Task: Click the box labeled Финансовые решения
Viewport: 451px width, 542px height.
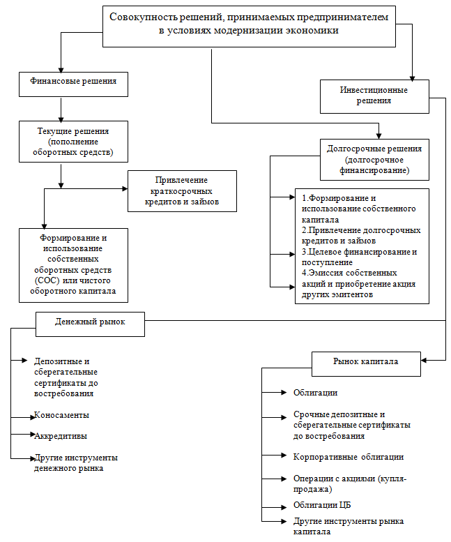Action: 74,84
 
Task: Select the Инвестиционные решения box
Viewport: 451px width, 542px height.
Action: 374,97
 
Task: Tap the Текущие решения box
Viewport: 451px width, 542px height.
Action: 74,142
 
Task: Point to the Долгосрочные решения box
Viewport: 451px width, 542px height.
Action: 374,160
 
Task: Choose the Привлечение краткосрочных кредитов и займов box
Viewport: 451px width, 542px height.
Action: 183,191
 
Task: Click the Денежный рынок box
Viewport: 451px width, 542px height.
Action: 90,324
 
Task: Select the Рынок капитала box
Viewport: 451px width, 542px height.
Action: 366,364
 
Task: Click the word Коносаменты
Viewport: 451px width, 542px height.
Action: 61,415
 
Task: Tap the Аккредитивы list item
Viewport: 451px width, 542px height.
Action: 61,436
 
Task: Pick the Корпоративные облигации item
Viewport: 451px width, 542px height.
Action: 349,457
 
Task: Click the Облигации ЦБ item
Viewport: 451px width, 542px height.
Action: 322,505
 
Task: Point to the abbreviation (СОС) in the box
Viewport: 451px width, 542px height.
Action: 47,280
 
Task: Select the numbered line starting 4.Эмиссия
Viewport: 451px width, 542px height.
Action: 358,284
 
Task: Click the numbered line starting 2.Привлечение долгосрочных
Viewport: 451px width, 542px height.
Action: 361,235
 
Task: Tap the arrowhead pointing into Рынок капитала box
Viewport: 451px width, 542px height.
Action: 424,361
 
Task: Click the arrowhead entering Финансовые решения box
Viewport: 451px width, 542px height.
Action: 61,70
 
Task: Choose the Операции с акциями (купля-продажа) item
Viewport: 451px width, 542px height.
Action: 350,484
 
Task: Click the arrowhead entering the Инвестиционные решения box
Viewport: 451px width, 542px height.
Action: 412,78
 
